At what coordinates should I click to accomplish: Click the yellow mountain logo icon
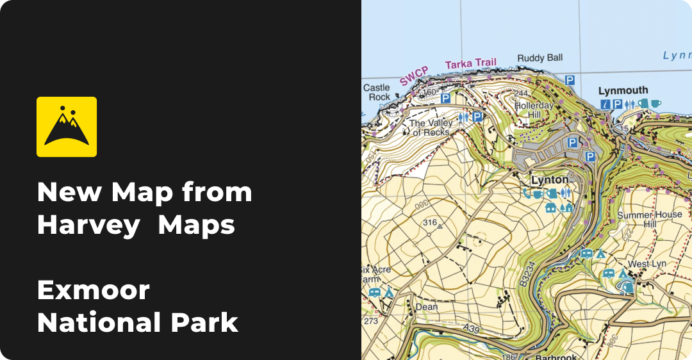coord(67,127)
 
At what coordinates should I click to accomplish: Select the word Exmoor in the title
coord(94,291)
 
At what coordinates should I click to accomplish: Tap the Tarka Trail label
coord(471,63)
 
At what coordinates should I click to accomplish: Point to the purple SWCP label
coord(414,76)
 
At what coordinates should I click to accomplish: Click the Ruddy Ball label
coord(540,58)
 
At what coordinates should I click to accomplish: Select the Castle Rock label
coord(376,92)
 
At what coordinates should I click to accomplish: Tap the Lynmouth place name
coord(623,90)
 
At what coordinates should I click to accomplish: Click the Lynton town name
coord(549,180)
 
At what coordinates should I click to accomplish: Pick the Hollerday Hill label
coord(534,110)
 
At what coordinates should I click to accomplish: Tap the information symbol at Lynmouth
coord(604,104)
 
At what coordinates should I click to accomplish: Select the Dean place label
coord(427,307)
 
